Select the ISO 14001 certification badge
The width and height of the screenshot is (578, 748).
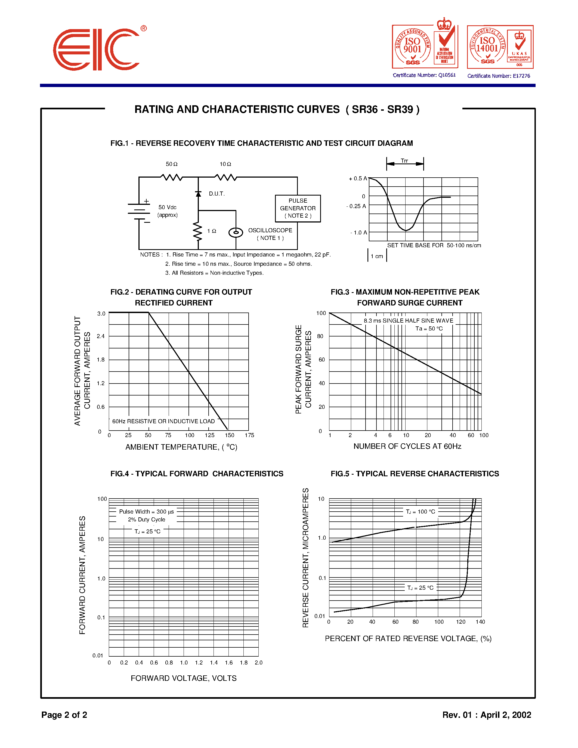click(x=500, y=47)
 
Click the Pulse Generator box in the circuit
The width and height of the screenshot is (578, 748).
click(x=298, y=208)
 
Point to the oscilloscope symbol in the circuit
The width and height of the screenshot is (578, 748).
click(x=236, y=233)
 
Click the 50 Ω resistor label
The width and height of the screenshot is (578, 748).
click(x=172, y=164)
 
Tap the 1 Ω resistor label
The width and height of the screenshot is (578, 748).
click(x=212, y=231)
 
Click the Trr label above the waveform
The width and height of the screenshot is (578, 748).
click(x=404, y=161)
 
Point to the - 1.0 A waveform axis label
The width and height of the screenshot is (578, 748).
click(x=358, y=233)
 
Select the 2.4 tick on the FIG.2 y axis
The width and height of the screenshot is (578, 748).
click(x=101, y=336)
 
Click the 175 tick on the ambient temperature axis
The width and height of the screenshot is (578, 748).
click(x=249, y=435)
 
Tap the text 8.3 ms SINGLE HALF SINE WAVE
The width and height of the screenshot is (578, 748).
click(x=408, y=321)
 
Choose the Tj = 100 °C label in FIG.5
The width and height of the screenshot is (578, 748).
click(x=421, y=511)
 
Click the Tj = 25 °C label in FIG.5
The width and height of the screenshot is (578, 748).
click(x=420, y=588)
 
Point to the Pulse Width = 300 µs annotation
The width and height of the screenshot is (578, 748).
click(x=146, y=511)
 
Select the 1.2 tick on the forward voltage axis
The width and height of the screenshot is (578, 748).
click(x=199, y=662)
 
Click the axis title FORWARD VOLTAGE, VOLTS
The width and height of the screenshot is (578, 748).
click(x=184, y=678)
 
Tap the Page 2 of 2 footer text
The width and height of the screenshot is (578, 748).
click(x=64, y=715)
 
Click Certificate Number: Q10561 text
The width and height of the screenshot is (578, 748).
click(x=424, y=75)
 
